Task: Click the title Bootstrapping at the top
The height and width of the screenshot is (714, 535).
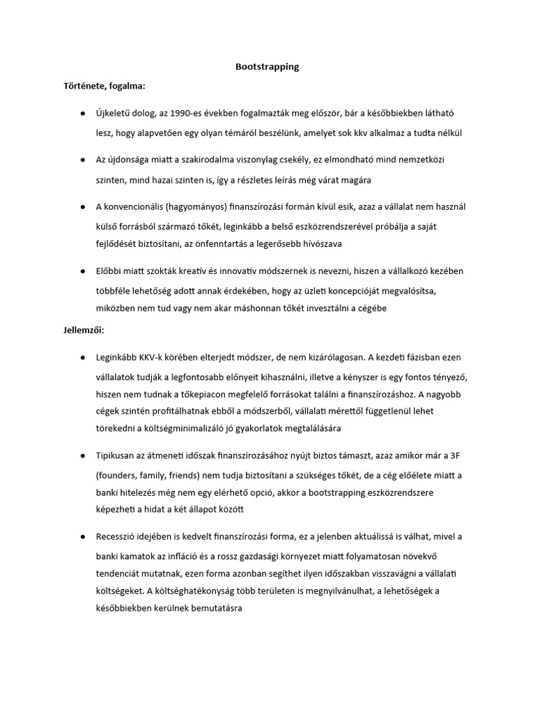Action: coord(267,67)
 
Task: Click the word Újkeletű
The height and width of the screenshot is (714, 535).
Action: coord(116,112)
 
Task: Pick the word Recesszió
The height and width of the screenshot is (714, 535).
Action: coord(120,536)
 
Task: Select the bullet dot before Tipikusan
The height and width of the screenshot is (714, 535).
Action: coord(82,455)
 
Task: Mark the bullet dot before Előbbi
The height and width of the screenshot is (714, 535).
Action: coord(82,271)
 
